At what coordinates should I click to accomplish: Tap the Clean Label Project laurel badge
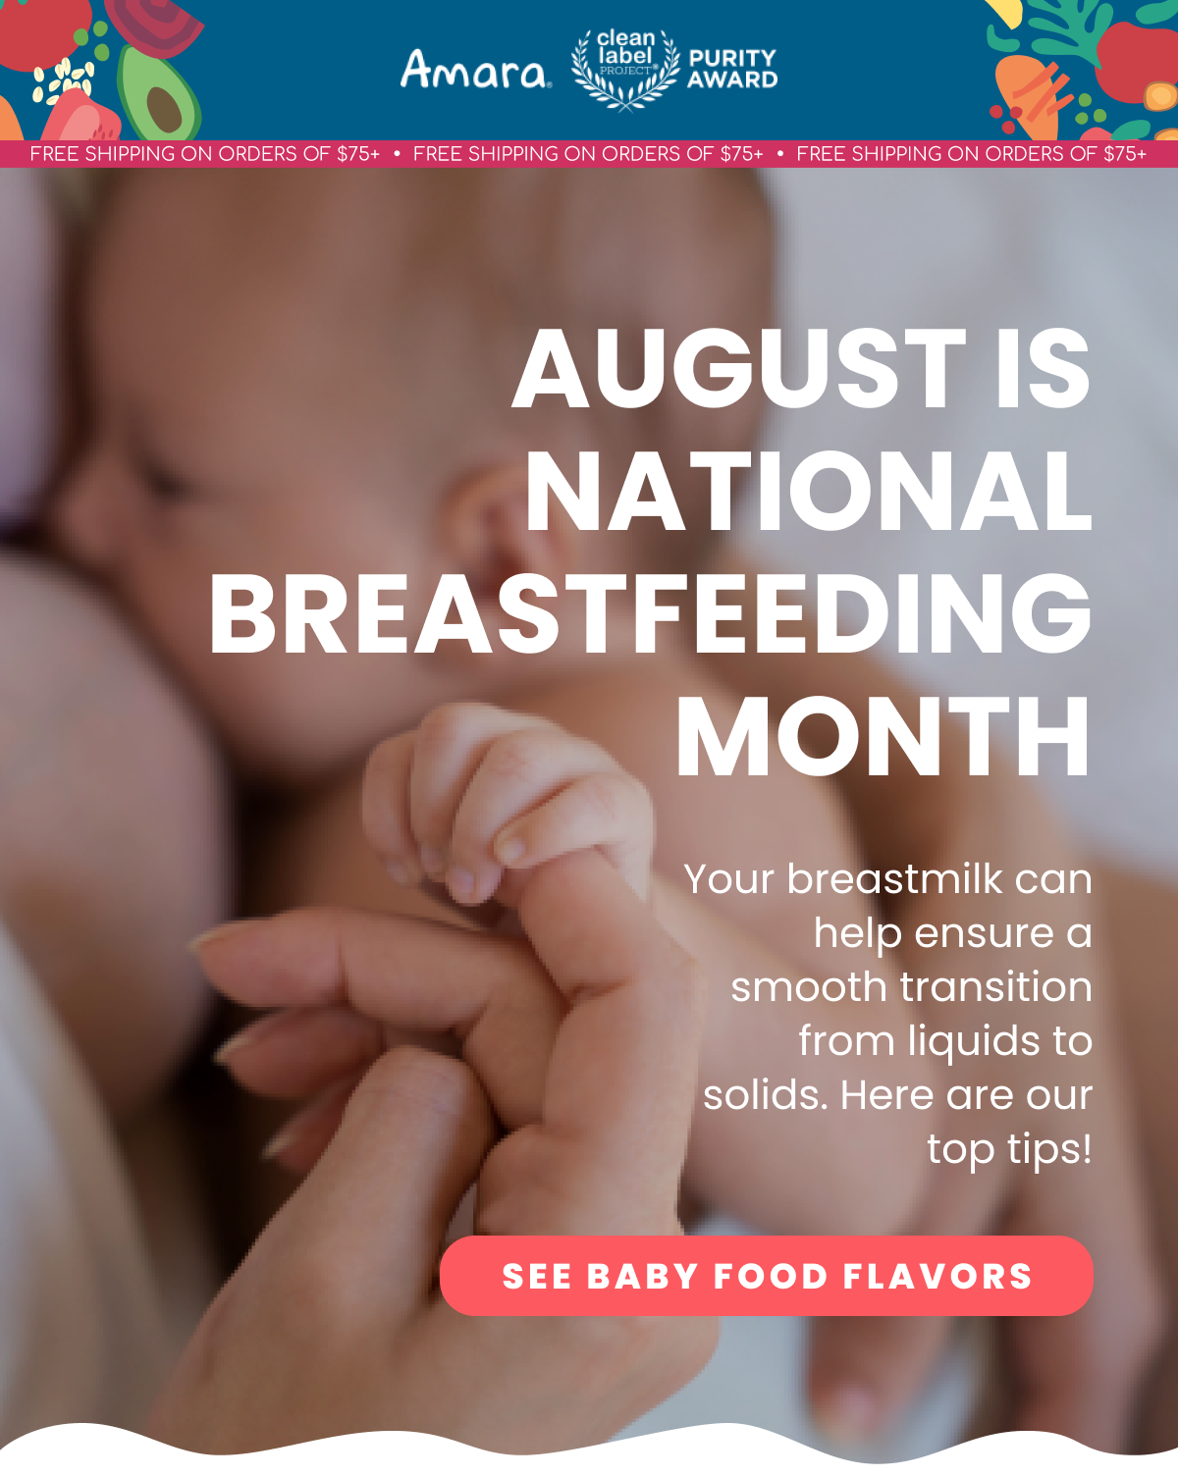(x=625, y=70)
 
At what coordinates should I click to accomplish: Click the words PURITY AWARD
(x=732, y=69)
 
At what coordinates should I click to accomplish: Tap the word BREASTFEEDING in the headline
(x=650, y=614)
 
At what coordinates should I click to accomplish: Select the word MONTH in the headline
(x=883, y=736)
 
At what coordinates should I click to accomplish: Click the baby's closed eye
(x=161, y=480)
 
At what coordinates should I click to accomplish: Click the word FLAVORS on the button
(x=937, y=1277)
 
